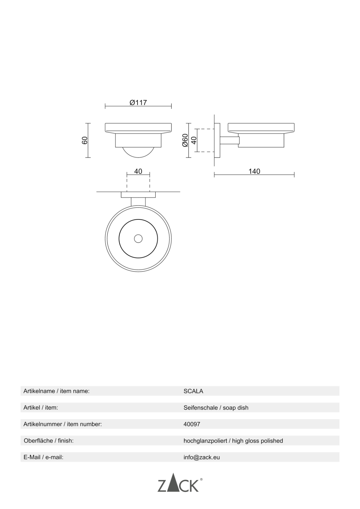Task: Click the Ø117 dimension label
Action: tap(138, 103)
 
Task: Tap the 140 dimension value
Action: tap(254, 171)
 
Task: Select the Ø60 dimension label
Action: tap(185, 140)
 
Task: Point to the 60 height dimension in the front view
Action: tap(85, 140)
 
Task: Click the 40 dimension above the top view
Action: tap(138, 171)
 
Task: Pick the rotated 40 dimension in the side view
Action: tap(194, 140)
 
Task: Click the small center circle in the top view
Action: tap(138, 239)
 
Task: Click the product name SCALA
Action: tap(193, 391)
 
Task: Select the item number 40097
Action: tap(192, 424)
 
